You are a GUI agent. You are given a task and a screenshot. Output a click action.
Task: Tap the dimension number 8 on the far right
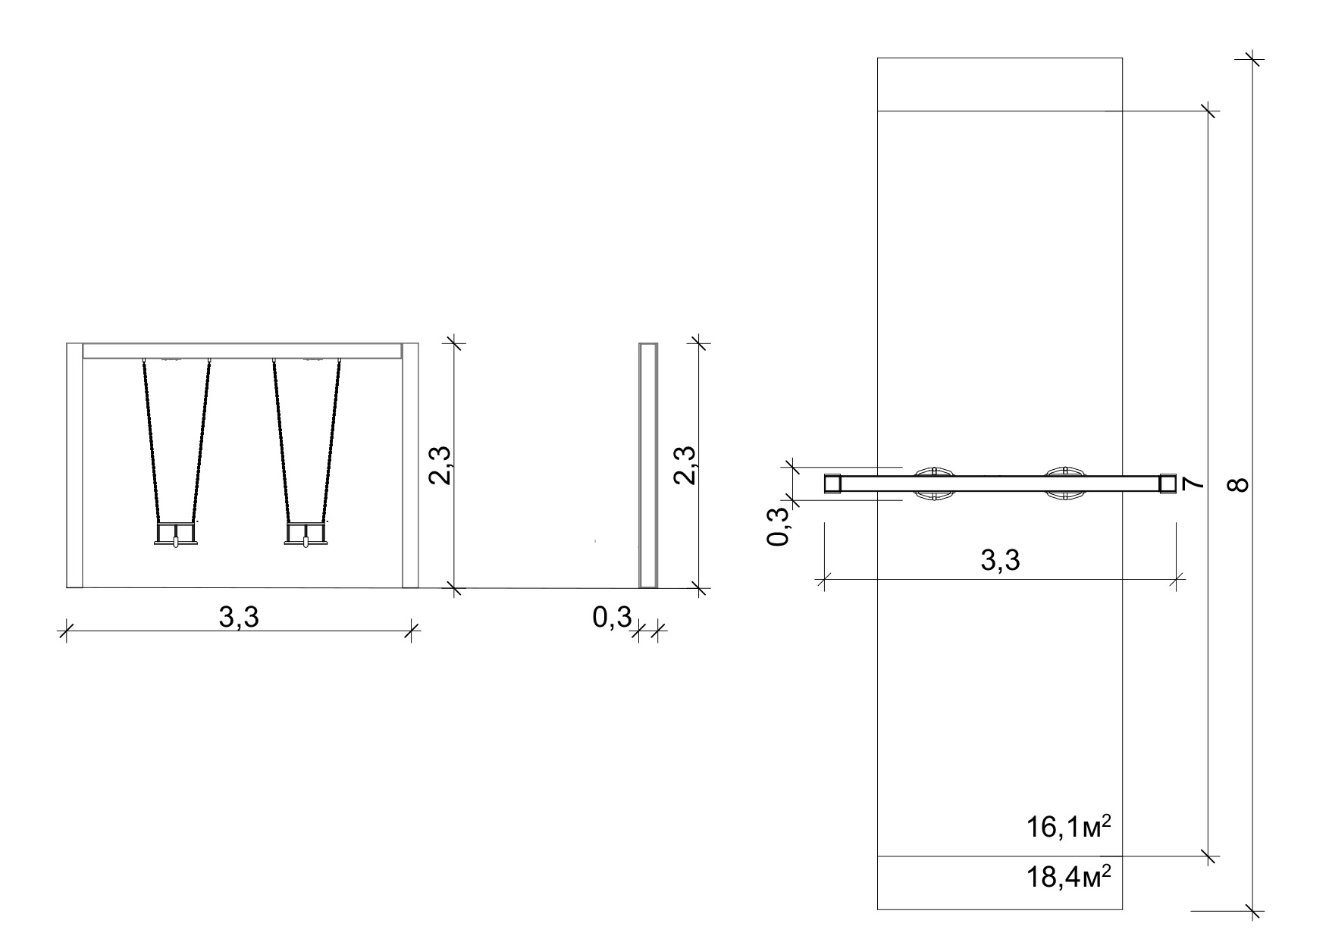click(1238, 484)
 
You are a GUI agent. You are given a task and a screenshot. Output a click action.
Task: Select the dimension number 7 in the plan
click(1192, 484)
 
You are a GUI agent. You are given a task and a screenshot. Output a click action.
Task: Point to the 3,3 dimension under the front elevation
click(239, 618)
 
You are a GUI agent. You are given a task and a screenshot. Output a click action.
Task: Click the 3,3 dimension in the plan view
click(1000, 560)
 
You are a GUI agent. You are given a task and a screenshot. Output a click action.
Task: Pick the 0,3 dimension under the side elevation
click(612, 618)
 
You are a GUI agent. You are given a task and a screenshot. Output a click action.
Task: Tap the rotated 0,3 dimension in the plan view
click(779, 526)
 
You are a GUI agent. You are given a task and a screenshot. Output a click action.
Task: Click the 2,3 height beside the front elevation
click(441, 465)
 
